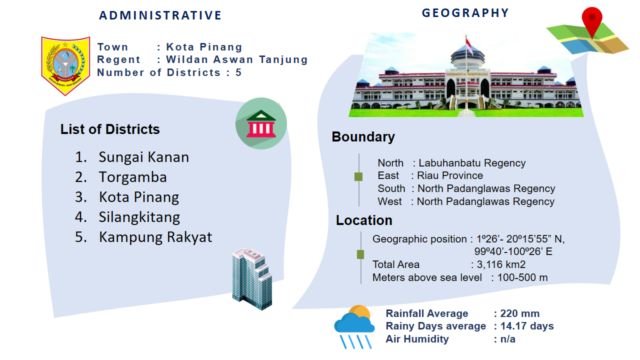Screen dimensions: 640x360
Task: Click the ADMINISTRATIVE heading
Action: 160,15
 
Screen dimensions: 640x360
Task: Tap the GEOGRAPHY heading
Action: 465,13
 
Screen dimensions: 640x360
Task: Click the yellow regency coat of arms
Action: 65,65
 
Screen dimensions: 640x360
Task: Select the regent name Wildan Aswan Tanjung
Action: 237,59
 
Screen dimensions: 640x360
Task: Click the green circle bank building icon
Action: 261,123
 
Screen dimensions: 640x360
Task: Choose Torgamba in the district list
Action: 133,177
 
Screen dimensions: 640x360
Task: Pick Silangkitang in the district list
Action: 139,217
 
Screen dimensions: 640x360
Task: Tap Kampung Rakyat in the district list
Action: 155,237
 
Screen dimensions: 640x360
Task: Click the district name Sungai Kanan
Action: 143,157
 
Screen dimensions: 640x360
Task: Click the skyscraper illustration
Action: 252,279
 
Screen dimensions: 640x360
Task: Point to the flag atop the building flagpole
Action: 469,44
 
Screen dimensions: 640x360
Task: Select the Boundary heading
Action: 363,137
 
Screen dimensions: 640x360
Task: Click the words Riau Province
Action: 450,175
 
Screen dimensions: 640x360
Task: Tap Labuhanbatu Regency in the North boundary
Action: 472,163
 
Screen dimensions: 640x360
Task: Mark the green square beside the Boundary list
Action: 358,177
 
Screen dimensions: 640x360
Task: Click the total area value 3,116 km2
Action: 501,264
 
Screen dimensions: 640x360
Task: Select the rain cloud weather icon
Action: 354,327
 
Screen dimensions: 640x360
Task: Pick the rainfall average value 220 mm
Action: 519,313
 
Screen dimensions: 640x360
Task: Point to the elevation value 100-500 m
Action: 522,277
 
